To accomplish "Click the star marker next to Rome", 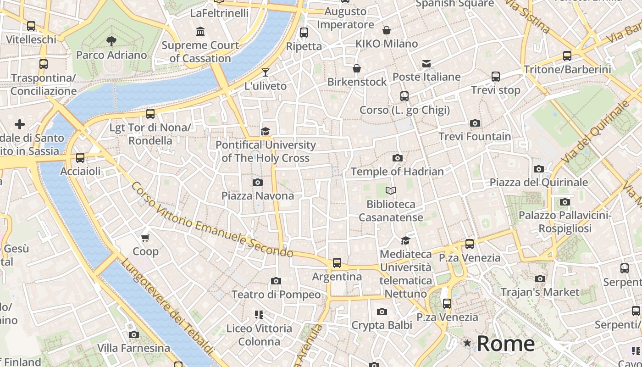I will pos(467,343).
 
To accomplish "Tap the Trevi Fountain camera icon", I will pos(475,123).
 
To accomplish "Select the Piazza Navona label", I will pos(258,196).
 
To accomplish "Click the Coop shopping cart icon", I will pos(145,238).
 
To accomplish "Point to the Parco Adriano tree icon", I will pos(111,41).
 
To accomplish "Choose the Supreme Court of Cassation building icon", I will pos(200,32).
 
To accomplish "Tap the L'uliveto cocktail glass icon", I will pos(265,72).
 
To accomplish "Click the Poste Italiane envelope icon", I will pos(426,63).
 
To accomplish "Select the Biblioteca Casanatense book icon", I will pos(391,190).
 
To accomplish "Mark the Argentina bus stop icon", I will pos(337,263).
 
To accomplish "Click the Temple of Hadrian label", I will pos(397,172).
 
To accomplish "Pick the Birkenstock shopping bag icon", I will pos(357,68).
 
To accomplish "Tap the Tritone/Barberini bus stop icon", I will pos(567,56).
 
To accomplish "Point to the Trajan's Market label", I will pos(540,292).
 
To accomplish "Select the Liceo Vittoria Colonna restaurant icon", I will pos(259,315).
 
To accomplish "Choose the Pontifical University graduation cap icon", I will pos(265,132).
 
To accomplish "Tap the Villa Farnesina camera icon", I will pos(134,334).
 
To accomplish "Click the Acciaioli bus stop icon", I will pos(80,158).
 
